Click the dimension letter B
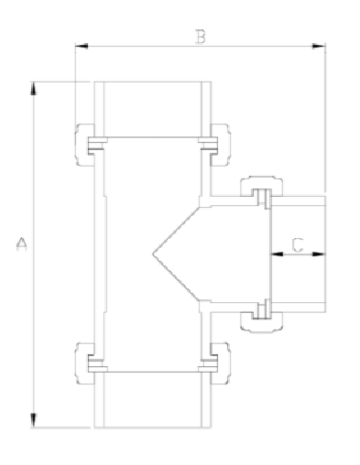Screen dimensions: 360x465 point(200,36)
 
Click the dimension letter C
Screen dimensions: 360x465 point(297,244)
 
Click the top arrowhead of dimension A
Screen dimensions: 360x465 point(34,88)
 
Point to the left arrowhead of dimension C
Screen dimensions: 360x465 point(272,254)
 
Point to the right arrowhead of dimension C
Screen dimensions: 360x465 point(322,254)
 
